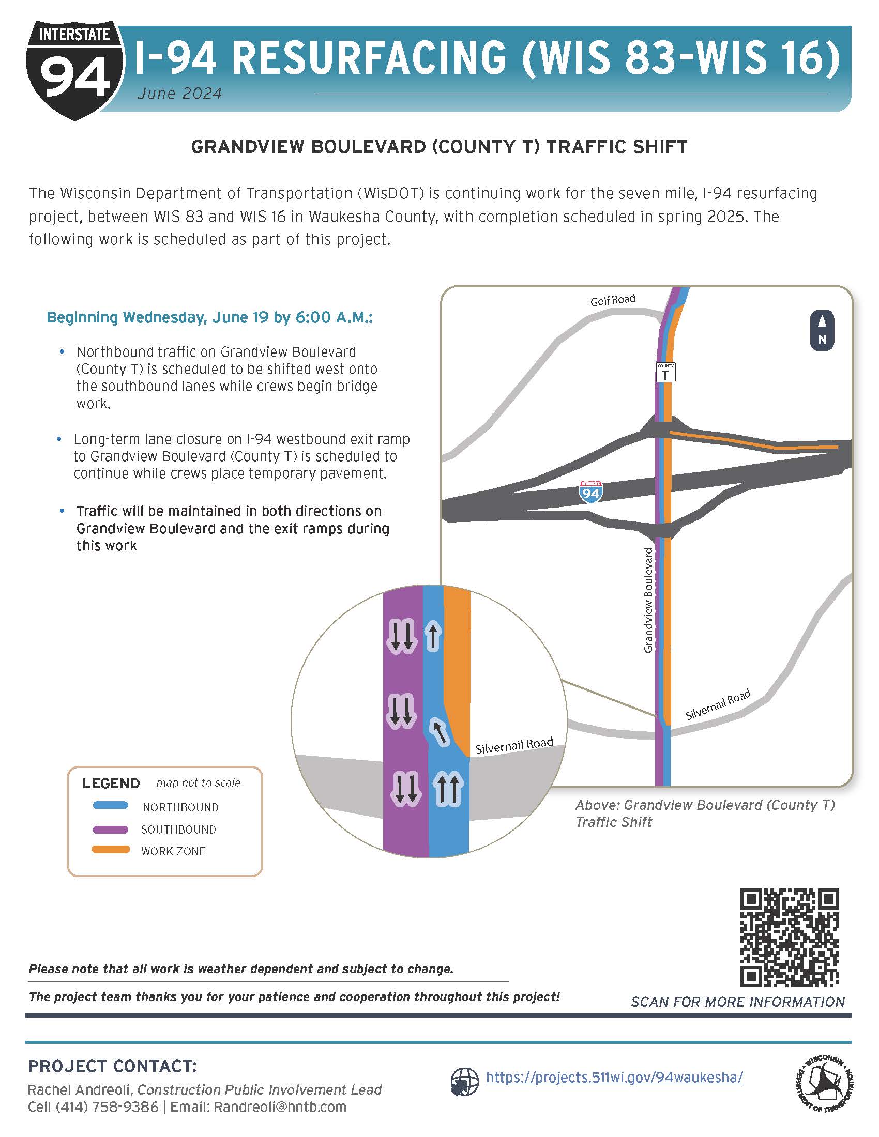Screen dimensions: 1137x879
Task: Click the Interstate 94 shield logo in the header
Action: point(74,69)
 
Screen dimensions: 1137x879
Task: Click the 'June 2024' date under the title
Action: point(179,94)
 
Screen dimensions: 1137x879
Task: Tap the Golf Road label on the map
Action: point(612,300)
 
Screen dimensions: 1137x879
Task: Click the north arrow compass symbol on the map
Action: point(822,330)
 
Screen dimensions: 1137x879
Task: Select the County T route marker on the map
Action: point(665,372)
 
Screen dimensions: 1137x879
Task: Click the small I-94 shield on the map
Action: point(591,491)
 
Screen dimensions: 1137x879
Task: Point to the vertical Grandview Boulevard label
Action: point(648,600)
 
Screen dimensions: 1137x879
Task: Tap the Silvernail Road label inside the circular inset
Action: point(514,745)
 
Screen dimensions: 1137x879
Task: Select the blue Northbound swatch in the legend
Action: point(111,806)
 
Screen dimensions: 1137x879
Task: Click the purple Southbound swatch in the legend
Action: point(111,829)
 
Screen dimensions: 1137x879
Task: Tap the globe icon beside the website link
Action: point(464,1082)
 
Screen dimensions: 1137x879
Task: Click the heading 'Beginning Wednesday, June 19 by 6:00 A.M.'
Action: point(209,317)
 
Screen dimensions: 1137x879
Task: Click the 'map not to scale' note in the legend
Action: point(199,783)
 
